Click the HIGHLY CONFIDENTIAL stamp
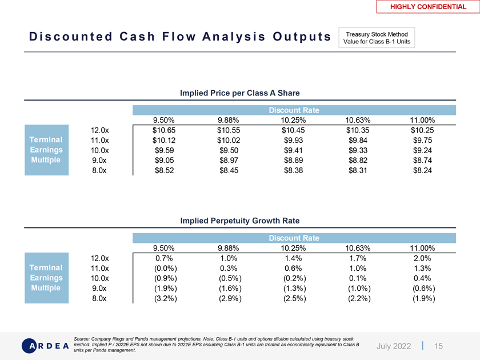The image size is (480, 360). click(428, 7)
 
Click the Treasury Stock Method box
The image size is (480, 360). click(377, 37)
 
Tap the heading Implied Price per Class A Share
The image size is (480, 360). click(240, 93)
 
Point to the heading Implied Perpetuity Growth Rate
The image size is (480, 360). click(240, 221)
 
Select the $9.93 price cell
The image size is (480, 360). click(294, 140)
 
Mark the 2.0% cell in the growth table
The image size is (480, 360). click(424, 258)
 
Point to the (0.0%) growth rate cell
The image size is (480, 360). click(165, 268)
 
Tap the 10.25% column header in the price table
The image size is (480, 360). click(294, 121)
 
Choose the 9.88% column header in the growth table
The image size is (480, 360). click(229, 249)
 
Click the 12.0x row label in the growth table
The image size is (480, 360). click(100, 258)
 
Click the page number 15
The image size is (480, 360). click(439, 346)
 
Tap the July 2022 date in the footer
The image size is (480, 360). click(394, 346)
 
